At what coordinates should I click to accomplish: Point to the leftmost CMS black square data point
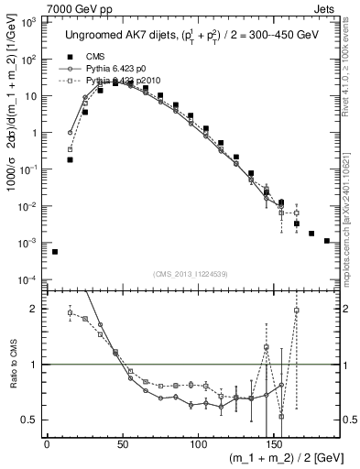pos(55,251)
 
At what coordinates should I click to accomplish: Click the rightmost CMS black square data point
pos(327,241)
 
